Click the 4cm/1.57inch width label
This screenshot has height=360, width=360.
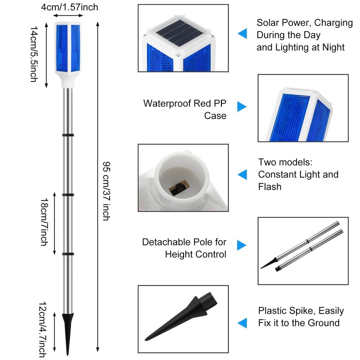pos(70,7)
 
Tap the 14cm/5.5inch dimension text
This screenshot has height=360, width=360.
pos(34,54)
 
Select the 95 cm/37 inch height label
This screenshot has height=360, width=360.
pos(106,191)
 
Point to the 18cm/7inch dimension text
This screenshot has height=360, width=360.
pos(44,222)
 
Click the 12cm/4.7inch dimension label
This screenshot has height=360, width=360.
pos(43,330)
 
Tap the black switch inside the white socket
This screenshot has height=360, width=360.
pos(177,189)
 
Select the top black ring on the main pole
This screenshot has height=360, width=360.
pos(68,135)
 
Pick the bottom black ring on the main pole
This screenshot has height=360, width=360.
pos(68,254)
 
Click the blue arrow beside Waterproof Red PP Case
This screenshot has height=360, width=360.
pos(242,107)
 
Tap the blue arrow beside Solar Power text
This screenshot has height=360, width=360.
pos(243,33)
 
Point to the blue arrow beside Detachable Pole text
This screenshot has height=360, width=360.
pos(242,245)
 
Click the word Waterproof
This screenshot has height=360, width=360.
pos(167,103)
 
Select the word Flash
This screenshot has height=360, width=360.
pos(270,187)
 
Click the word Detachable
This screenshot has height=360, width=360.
pos(166,242)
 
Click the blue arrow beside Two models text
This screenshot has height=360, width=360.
pos(243,175)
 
